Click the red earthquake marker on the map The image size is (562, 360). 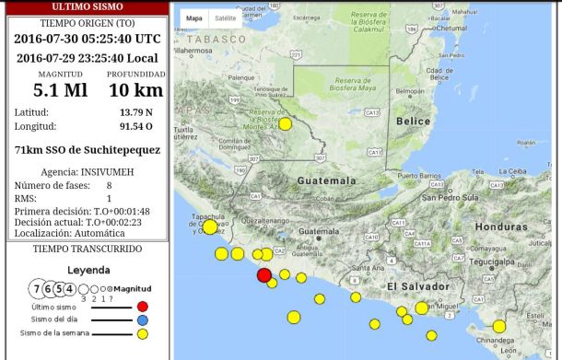[x=264, y=274]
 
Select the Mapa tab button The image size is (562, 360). [x=194, y=17]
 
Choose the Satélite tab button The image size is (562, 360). [x=225, y=17]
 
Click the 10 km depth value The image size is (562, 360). [x=135, y=90]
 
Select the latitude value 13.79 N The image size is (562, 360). [x=136, y=112]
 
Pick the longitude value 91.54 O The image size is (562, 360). [x=136, y=126]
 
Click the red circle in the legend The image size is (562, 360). [x=142, y=307]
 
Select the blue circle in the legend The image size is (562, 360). [x=142, y=320]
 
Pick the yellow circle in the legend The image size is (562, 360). [x=142, y=333]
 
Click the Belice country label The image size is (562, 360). [x=413, y=121]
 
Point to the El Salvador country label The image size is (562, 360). [x=416, y=287]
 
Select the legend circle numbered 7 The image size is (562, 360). [x=37, y=289]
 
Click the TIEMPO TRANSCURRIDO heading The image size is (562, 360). [x=88, y=249]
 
